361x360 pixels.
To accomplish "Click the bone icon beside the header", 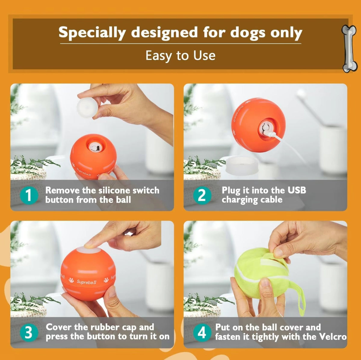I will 349,49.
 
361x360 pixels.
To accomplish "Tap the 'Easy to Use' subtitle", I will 180,56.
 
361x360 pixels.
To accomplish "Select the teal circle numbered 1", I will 29,195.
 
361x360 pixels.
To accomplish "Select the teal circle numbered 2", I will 202,195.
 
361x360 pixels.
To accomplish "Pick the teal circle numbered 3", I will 29,333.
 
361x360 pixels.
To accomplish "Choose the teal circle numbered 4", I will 202,333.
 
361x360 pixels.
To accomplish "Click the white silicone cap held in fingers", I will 87,107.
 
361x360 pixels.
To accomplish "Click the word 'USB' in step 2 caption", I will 297,190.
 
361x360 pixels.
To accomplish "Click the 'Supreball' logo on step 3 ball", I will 87,282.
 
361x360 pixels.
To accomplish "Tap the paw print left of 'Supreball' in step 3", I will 71,280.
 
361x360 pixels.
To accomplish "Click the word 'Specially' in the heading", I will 92,33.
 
